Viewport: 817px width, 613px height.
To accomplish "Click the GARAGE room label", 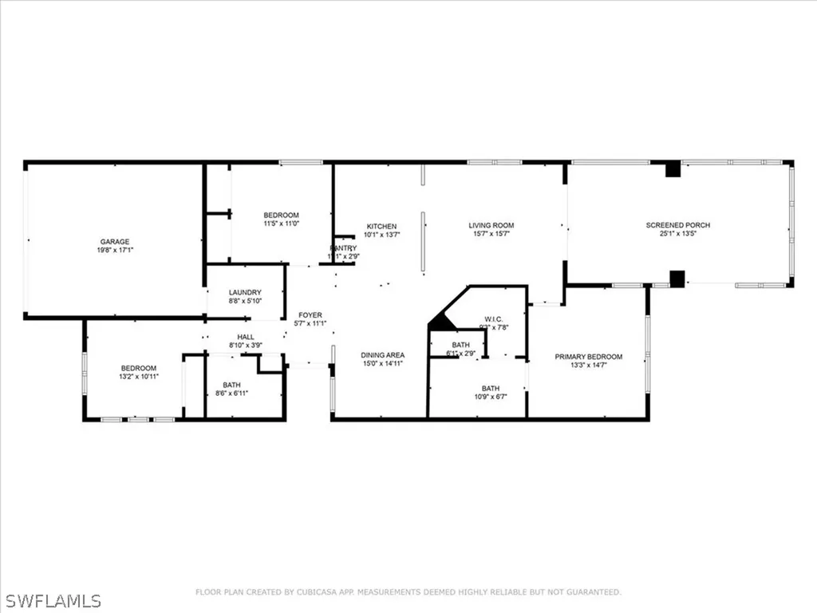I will point(114,242).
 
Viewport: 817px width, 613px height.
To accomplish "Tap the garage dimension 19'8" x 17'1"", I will point(114,251).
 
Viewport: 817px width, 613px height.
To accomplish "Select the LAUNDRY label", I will point(245,292).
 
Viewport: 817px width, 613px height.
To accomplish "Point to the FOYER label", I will point(310,315).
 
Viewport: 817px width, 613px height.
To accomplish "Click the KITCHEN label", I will point(381,226).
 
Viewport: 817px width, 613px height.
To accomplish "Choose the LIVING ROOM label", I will point(491,226).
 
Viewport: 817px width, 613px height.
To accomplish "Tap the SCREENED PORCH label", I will point(677,226).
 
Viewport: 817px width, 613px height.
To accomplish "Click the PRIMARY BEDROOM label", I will point(589,357).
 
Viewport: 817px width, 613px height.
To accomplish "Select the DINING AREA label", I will point(383,354).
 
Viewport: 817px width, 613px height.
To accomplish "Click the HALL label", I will point(245,337).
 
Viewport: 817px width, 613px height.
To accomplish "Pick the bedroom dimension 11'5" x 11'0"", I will point(281,224).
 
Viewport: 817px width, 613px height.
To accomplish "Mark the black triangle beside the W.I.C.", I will point(440,323).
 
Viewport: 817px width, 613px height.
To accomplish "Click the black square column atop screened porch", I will point(673,168).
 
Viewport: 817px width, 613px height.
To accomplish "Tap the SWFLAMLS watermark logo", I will point(50,599).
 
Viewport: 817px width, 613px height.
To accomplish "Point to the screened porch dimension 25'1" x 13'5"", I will point(677,235).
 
